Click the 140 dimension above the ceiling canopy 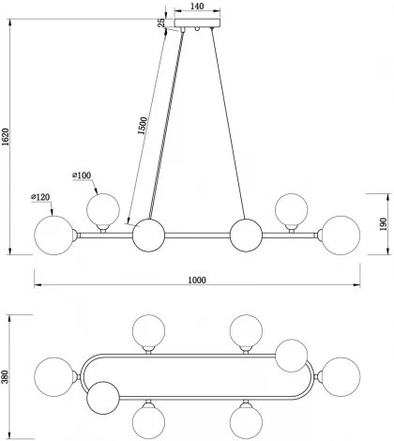[196, 7]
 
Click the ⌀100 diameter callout [83, 176]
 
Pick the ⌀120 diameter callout [39, 197]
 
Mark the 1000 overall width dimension [196, 281]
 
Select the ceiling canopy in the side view [196, 28]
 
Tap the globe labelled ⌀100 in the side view [103, 209]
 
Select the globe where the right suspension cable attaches [246, 235]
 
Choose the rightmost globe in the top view [341, 377]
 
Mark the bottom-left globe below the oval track [148, 421]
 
